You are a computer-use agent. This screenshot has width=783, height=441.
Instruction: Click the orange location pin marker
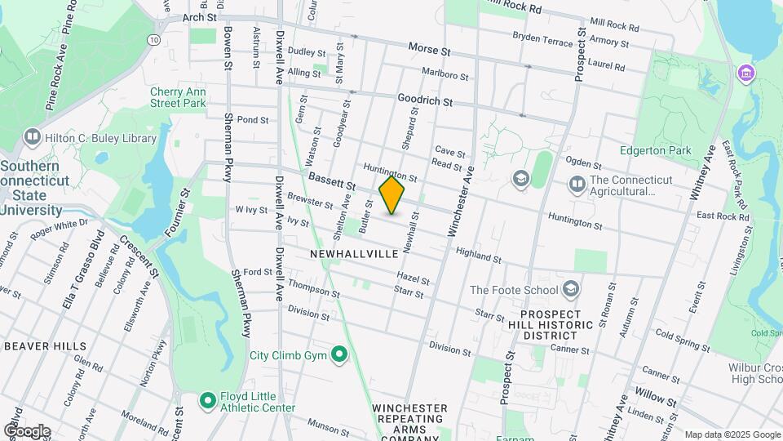coord(392,195)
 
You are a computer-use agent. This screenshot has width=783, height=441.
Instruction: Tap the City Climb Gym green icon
coord(339,354)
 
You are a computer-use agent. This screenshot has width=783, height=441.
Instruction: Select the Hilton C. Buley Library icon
coord(33,137)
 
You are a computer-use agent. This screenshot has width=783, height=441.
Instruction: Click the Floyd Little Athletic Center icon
coord(207,400)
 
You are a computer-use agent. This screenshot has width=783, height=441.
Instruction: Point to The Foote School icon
coord(571,289)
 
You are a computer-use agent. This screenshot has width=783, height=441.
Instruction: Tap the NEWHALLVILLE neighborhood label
coord(354,254)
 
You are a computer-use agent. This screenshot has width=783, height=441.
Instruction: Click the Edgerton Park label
coord(655,150)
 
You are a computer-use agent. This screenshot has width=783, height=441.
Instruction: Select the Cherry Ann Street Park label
coord(178,98)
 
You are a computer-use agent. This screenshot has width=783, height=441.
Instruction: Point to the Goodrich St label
coord(425,100)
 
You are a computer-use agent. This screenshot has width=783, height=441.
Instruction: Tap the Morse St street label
coord(429,51)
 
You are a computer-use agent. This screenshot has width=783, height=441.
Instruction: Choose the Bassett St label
coord(332,182)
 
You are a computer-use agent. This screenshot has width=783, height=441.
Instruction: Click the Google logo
coord(26,430)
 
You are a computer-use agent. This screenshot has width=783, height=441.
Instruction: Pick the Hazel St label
coord(414,280)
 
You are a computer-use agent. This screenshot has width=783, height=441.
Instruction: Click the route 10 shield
coord(153,38)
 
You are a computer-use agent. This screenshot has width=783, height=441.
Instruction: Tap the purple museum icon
coord(745,73)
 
